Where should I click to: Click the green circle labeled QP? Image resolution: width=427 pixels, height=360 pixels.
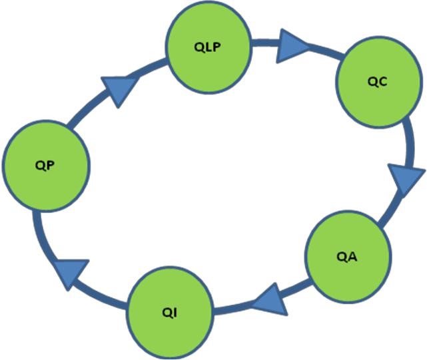point(45,166)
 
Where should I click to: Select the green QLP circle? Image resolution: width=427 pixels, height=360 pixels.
point(209,49)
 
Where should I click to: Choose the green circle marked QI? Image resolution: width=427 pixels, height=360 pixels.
point(170,309)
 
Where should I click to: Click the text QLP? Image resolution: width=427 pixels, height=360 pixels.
point(209,49)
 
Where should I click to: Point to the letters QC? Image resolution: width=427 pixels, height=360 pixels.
point(377,83)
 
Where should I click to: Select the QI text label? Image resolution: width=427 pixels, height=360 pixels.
point(170,311)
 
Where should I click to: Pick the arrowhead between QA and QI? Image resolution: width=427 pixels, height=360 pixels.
point(270,299)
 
